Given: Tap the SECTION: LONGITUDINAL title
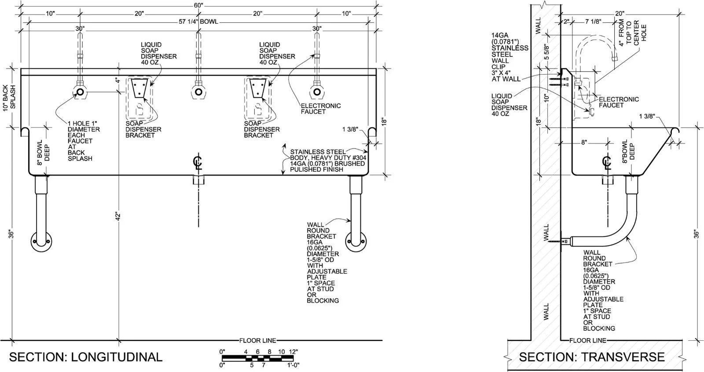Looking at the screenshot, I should (85, 357).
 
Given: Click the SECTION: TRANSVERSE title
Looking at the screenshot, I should (591, 357).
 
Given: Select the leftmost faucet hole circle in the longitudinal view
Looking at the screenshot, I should (80, 92).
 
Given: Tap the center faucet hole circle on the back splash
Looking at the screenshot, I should (198, 92).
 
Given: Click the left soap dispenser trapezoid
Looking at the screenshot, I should (139, 87).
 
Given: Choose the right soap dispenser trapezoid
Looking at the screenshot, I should (258, 87).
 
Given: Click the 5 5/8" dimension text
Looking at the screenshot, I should (546, 52).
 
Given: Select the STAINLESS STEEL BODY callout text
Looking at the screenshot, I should (328, 160).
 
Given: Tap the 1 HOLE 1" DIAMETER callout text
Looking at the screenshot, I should (84, 141).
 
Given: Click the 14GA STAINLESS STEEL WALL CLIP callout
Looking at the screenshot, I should (510, 57).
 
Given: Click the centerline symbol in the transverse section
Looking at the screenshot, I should (607, 163).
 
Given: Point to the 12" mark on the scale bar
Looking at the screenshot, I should (293, 352).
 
